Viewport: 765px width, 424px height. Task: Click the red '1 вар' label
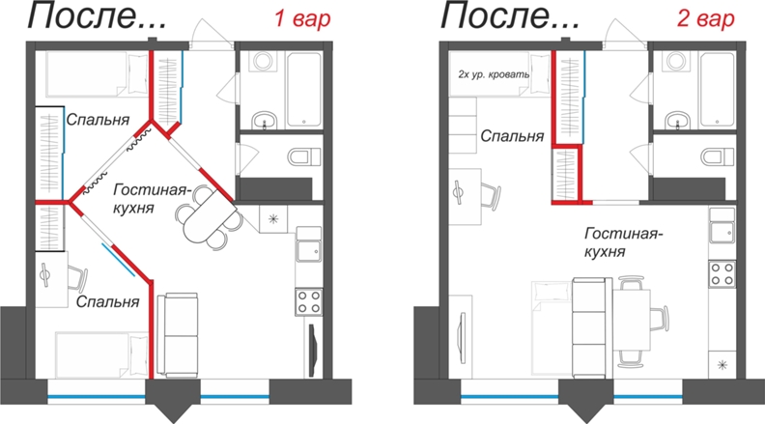pyautogui.click(x=302, y=18)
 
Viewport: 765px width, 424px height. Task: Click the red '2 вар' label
pyautogui.click(x=705, y=18)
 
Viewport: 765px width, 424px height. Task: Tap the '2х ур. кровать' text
pyautogui.click(x=494, y=74)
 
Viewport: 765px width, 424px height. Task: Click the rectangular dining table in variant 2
pyautogui.click(x=632, y=319)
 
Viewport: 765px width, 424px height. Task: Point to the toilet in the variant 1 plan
pyautogui.click(x=303, y=157)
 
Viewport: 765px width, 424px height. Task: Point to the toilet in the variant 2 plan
pyautogui.click(x=717, y=157)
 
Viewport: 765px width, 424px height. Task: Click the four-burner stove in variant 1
pyautogui.click(x=308, y=302)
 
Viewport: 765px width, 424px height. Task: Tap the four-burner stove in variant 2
pyautogui.click(x=722, y=273)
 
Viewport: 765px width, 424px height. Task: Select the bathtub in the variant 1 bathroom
pyautogui.click(x=303, y=90)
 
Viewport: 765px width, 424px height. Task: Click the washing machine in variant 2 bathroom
pyautogui.click(x=676, y=62)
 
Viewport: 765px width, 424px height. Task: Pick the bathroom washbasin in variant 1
pyautogui.click(x=265, y=120)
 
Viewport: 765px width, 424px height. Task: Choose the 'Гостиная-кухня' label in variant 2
pyautogui.click(x=623, y=242)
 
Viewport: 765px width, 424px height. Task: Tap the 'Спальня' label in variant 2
pyautogui.click(x=512, y=135)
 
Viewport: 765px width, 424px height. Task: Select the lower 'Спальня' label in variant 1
pyautogui.click(x=107, y=301)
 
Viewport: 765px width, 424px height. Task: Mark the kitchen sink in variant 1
pyautogui.click(x=308, y=251)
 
